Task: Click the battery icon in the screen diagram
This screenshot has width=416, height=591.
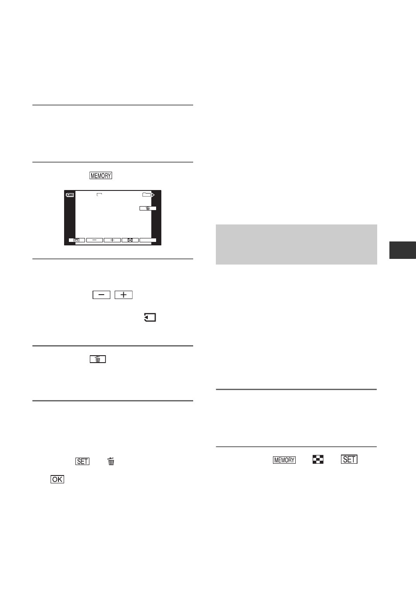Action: (x=70, y=195)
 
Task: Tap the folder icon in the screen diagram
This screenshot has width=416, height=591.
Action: (x=147, y=195)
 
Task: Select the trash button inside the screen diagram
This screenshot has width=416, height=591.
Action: (x=148, y=208)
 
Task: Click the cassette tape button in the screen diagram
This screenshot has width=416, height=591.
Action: (x=77, y=240)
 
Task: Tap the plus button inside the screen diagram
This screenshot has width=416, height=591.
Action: (x=112, y=240)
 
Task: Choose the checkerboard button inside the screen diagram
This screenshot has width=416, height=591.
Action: (x=130, y=240)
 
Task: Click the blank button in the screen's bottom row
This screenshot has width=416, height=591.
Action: (x=148, y=240)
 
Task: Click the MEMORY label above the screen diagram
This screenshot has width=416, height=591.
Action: (x=101, y=176)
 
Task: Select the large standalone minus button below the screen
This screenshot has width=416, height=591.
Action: (x=101, y=295)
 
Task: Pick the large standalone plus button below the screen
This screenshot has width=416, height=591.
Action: (x=123, y=295)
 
